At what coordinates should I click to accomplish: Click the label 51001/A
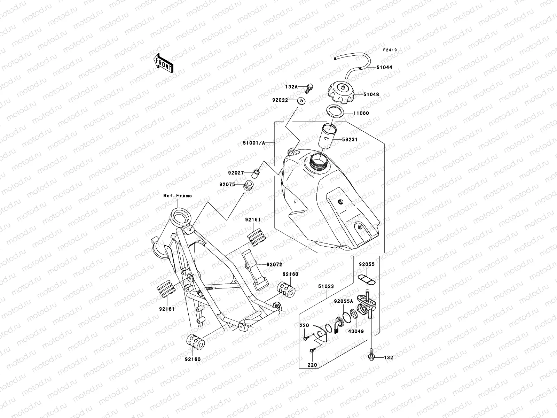point(257,142)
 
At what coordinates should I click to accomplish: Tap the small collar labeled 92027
point(256,172)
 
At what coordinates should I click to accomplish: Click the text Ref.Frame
point(178,196)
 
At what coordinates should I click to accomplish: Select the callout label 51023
point(325,286)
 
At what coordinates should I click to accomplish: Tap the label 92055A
point(343,301)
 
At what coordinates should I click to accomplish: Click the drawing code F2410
point(390,50)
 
